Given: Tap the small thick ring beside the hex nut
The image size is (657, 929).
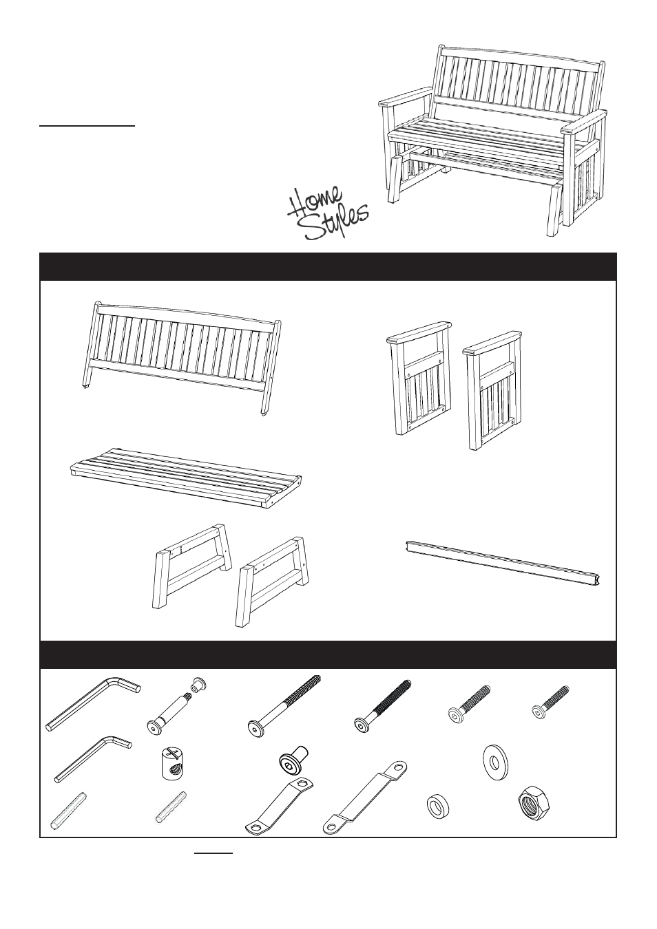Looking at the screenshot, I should pos(437,805).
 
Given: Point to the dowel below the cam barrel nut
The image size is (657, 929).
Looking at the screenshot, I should pos(172,807).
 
